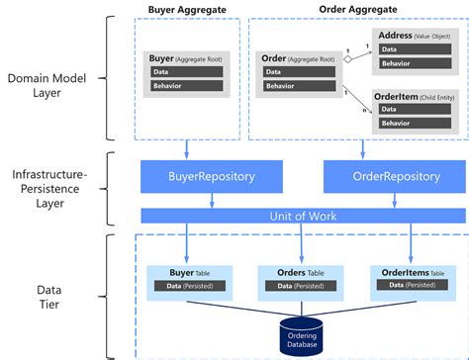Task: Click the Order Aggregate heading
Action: [352, 9]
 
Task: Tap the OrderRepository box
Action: [382, 177]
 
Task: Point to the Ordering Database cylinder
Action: [303, 334]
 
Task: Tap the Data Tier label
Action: [49, 296]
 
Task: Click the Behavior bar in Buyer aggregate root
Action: [189, 87]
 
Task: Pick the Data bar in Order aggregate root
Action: [298, 72]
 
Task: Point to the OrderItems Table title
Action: [410, 271]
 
